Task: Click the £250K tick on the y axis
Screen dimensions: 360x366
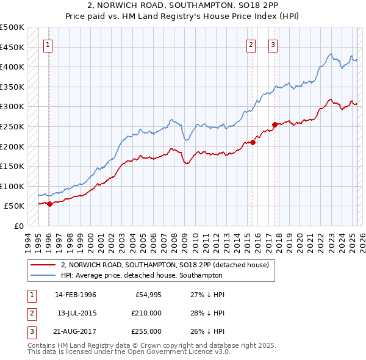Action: pyautogui.click(x=12, y=126)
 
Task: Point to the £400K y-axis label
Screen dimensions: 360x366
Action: pyautogui.click(x=12, y=67)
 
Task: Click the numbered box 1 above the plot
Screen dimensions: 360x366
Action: pyautogui.click(x=48, y=44)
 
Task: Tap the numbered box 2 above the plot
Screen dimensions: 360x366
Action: pyautogui.click(x=251, y=44)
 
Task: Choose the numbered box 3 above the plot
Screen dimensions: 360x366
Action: pyautogui.click(x=273, y=44)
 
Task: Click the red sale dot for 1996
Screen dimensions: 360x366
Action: pyautogui.click(x=49, y=204)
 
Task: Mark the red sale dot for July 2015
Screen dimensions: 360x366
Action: pyautogui.click(x=253, y=143)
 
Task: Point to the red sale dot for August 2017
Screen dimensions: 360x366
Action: pyautogui.click(x=274, y=125)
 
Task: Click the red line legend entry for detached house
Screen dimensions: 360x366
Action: pyautogui.click(x=168, y=265)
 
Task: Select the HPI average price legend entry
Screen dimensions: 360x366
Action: pyautogui.click(x=142, y=276)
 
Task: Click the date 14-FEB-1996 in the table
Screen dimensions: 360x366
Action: pyautogui.click(x=76, y=295)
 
